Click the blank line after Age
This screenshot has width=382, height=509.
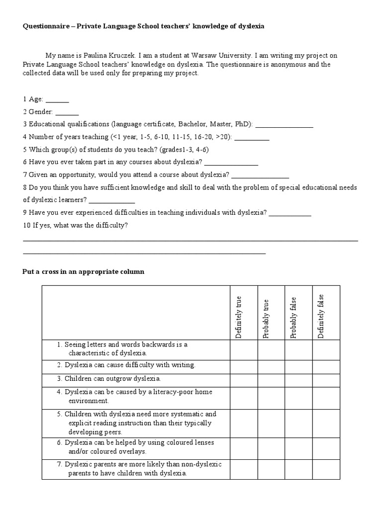click(x=57, y=100)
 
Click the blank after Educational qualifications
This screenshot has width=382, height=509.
click(x=284, y=125)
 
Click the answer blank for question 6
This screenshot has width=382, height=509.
click(x=231, y=163)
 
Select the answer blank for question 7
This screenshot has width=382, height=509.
click(x=260, y=175)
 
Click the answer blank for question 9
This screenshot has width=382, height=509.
click(x=290, y=214)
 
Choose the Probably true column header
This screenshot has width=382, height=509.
click(x=266, y=319)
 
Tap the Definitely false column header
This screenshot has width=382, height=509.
click(x=321, y=316)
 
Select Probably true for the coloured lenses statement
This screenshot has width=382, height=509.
click(x=271, y=447)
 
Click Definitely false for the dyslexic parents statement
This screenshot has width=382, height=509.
click(x=326, y=469)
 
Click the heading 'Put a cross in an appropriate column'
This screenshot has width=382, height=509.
click(x=84, y=272)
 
